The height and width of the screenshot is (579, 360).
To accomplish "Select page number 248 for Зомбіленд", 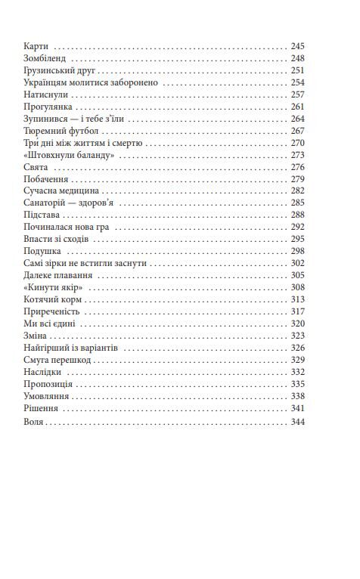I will click(297, 58).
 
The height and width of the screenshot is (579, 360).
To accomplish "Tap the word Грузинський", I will click(49, 70).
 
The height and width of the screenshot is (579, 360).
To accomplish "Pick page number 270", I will click(297, 143).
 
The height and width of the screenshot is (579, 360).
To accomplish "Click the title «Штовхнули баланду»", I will click(69, 155).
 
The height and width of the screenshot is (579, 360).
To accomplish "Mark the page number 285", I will click(297, 203).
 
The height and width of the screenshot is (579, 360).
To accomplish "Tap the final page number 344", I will click(297, 423).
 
